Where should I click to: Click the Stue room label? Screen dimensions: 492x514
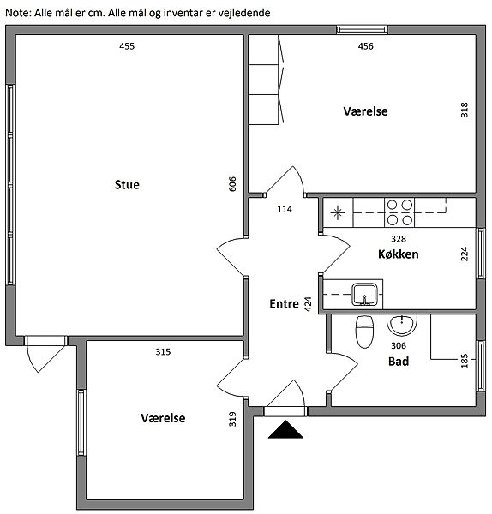point(127,185)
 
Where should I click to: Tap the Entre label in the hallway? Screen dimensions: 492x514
point(284,304)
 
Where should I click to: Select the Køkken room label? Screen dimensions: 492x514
point(399,254)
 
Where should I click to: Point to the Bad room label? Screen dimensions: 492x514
point(399,362)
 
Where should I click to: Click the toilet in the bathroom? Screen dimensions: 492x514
point(365,332)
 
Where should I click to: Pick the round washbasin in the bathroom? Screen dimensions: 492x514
point(402,325)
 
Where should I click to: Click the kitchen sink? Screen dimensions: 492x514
point(364,295)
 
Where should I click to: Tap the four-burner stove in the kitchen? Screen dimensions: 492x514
point(399,212)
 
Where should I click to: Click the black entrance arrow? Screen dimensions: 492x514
point(285,429)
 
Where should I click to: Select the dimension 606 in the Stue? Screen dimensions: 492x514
point(232,184)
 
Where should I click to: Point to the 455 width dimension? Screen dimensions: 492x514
point(127,46)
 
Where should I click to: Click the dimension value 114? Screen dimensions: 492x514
point(285,209)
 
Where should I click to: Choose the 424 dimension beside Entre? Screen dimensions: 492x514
point(308,304)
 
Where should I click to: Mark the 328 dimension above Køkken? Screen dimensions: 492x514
point(399,239)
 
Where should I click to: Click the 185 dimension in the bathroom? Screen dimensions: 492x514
point(465,361)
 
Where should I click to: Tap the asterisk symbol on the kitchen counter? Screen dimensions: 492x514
point(338,213)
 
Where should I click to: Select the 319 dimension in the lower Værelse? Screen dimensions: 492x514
point(232,419)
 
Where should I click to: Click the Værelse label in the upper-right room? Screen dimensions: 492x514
point(365,111)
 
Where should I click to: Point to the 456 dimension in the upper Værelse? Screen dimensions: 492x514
point(366,46)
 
